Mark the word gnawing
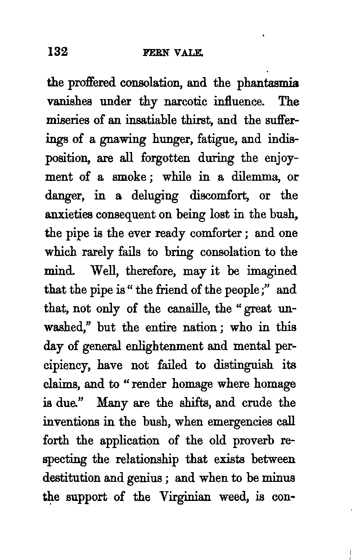point(123,140)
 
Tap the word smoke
point(134,177)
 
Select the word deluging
point(154,196)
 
